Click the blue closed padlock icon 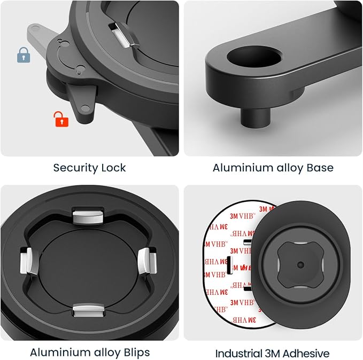coord(24,55)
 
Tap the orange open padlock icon coord(61,119)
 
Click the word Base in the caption coord(320,168)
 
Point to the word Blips coord(137,353)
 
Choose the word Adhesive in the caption coord(306,354)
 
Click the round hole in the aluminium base coord(254,56)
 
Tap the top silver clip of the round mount coord(88,215)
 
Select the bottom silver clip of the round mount coord(88,310)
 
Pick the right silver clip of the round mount coord(148,261)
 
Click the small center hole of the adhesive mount coord(300,265)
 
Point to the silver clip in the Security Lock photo coord(123,35)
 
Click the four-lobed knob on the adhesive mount coord(300,265)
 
